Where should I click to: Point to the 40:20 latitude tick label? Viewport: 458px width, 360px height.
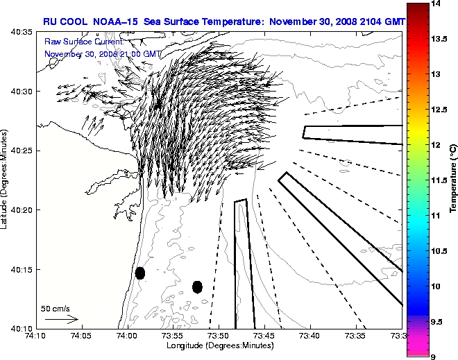tap(23, 210)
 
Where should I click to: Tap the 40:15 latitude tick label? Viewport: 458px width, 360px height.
tap(23, 269)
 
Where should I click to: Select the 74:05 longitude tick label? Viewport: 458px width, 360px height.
tap(81, 336)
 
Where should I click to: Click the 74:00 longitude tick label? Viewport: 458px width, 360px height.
tap(127, 336)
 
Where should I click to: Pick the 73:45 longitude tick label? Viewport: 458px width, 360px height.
tap(264, 336)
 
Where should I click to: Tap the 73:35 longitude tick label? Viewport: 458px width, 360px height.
tap(356, 336)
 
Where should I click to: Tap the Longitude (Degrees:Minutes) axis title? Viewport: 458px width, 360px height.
tap(219, 345)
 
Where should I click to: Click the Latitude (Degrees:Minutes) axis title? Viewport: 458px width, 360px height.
tap(6, 179)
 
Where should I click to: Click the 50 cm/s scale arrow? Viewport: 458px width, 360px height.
tap(60, 320)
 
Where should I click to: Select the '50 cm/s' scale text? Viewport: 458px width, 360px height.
tap(56, 309)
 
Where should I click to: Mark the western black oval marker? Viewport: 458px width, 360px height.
tap(140, 273)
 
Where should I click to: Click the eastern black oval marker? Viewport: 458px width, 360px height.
tap(197, 286)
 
